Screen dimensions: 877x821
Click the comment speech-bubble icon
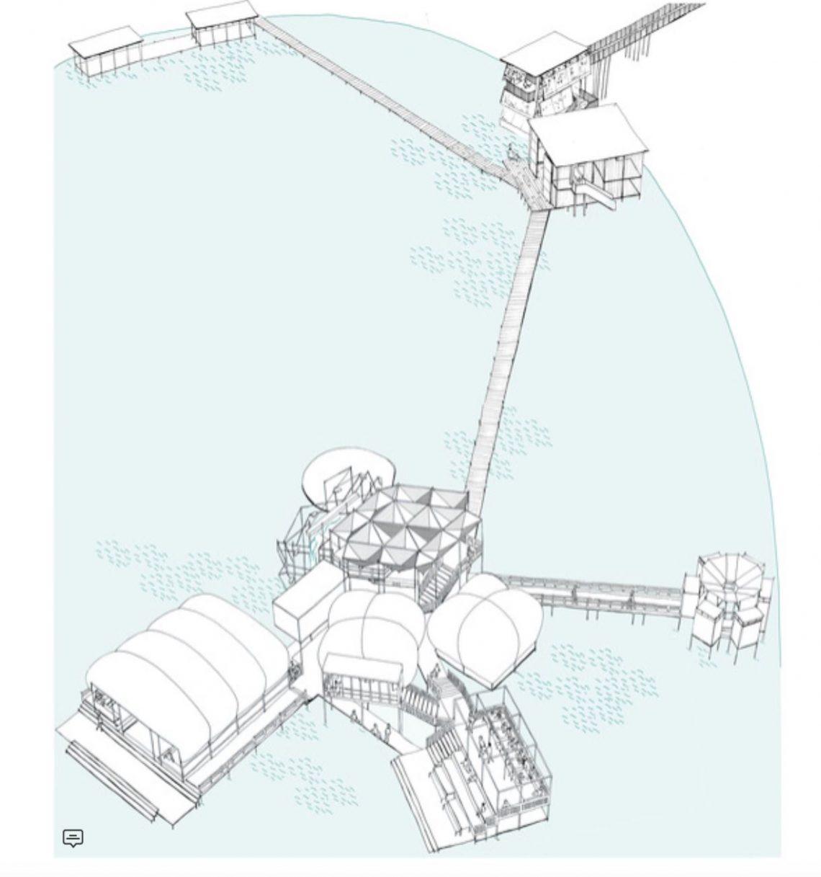pos(73,837)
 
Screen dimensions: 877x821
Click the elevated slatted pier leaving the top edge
pos(648,29)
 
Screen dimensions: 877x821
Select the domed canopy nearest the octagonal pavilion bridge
pos(486,623)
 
